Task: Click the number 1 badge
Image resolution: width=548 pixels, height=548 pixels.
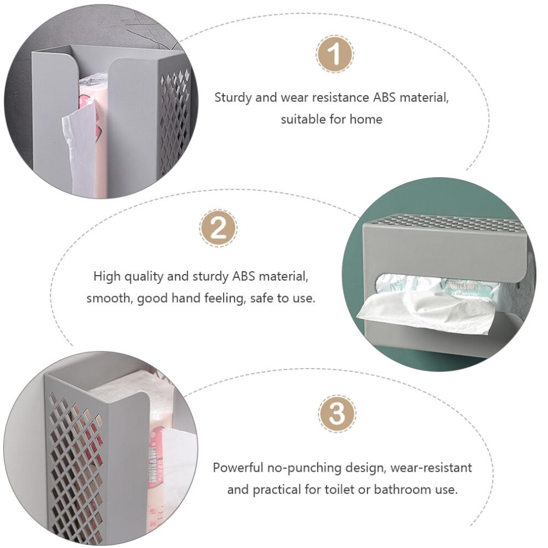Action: [335, 54]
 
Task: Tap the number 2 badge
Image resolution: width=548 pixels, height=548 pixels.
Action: [219, 229]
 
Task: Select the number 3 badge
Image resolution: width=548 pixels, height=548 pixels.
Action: [337, 414]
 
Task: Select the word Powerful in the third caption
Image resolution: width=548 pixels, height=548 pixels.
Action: [238, 468]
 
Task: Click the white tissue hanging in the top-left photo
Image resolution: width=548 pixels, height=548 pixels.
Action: [80, 147]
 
